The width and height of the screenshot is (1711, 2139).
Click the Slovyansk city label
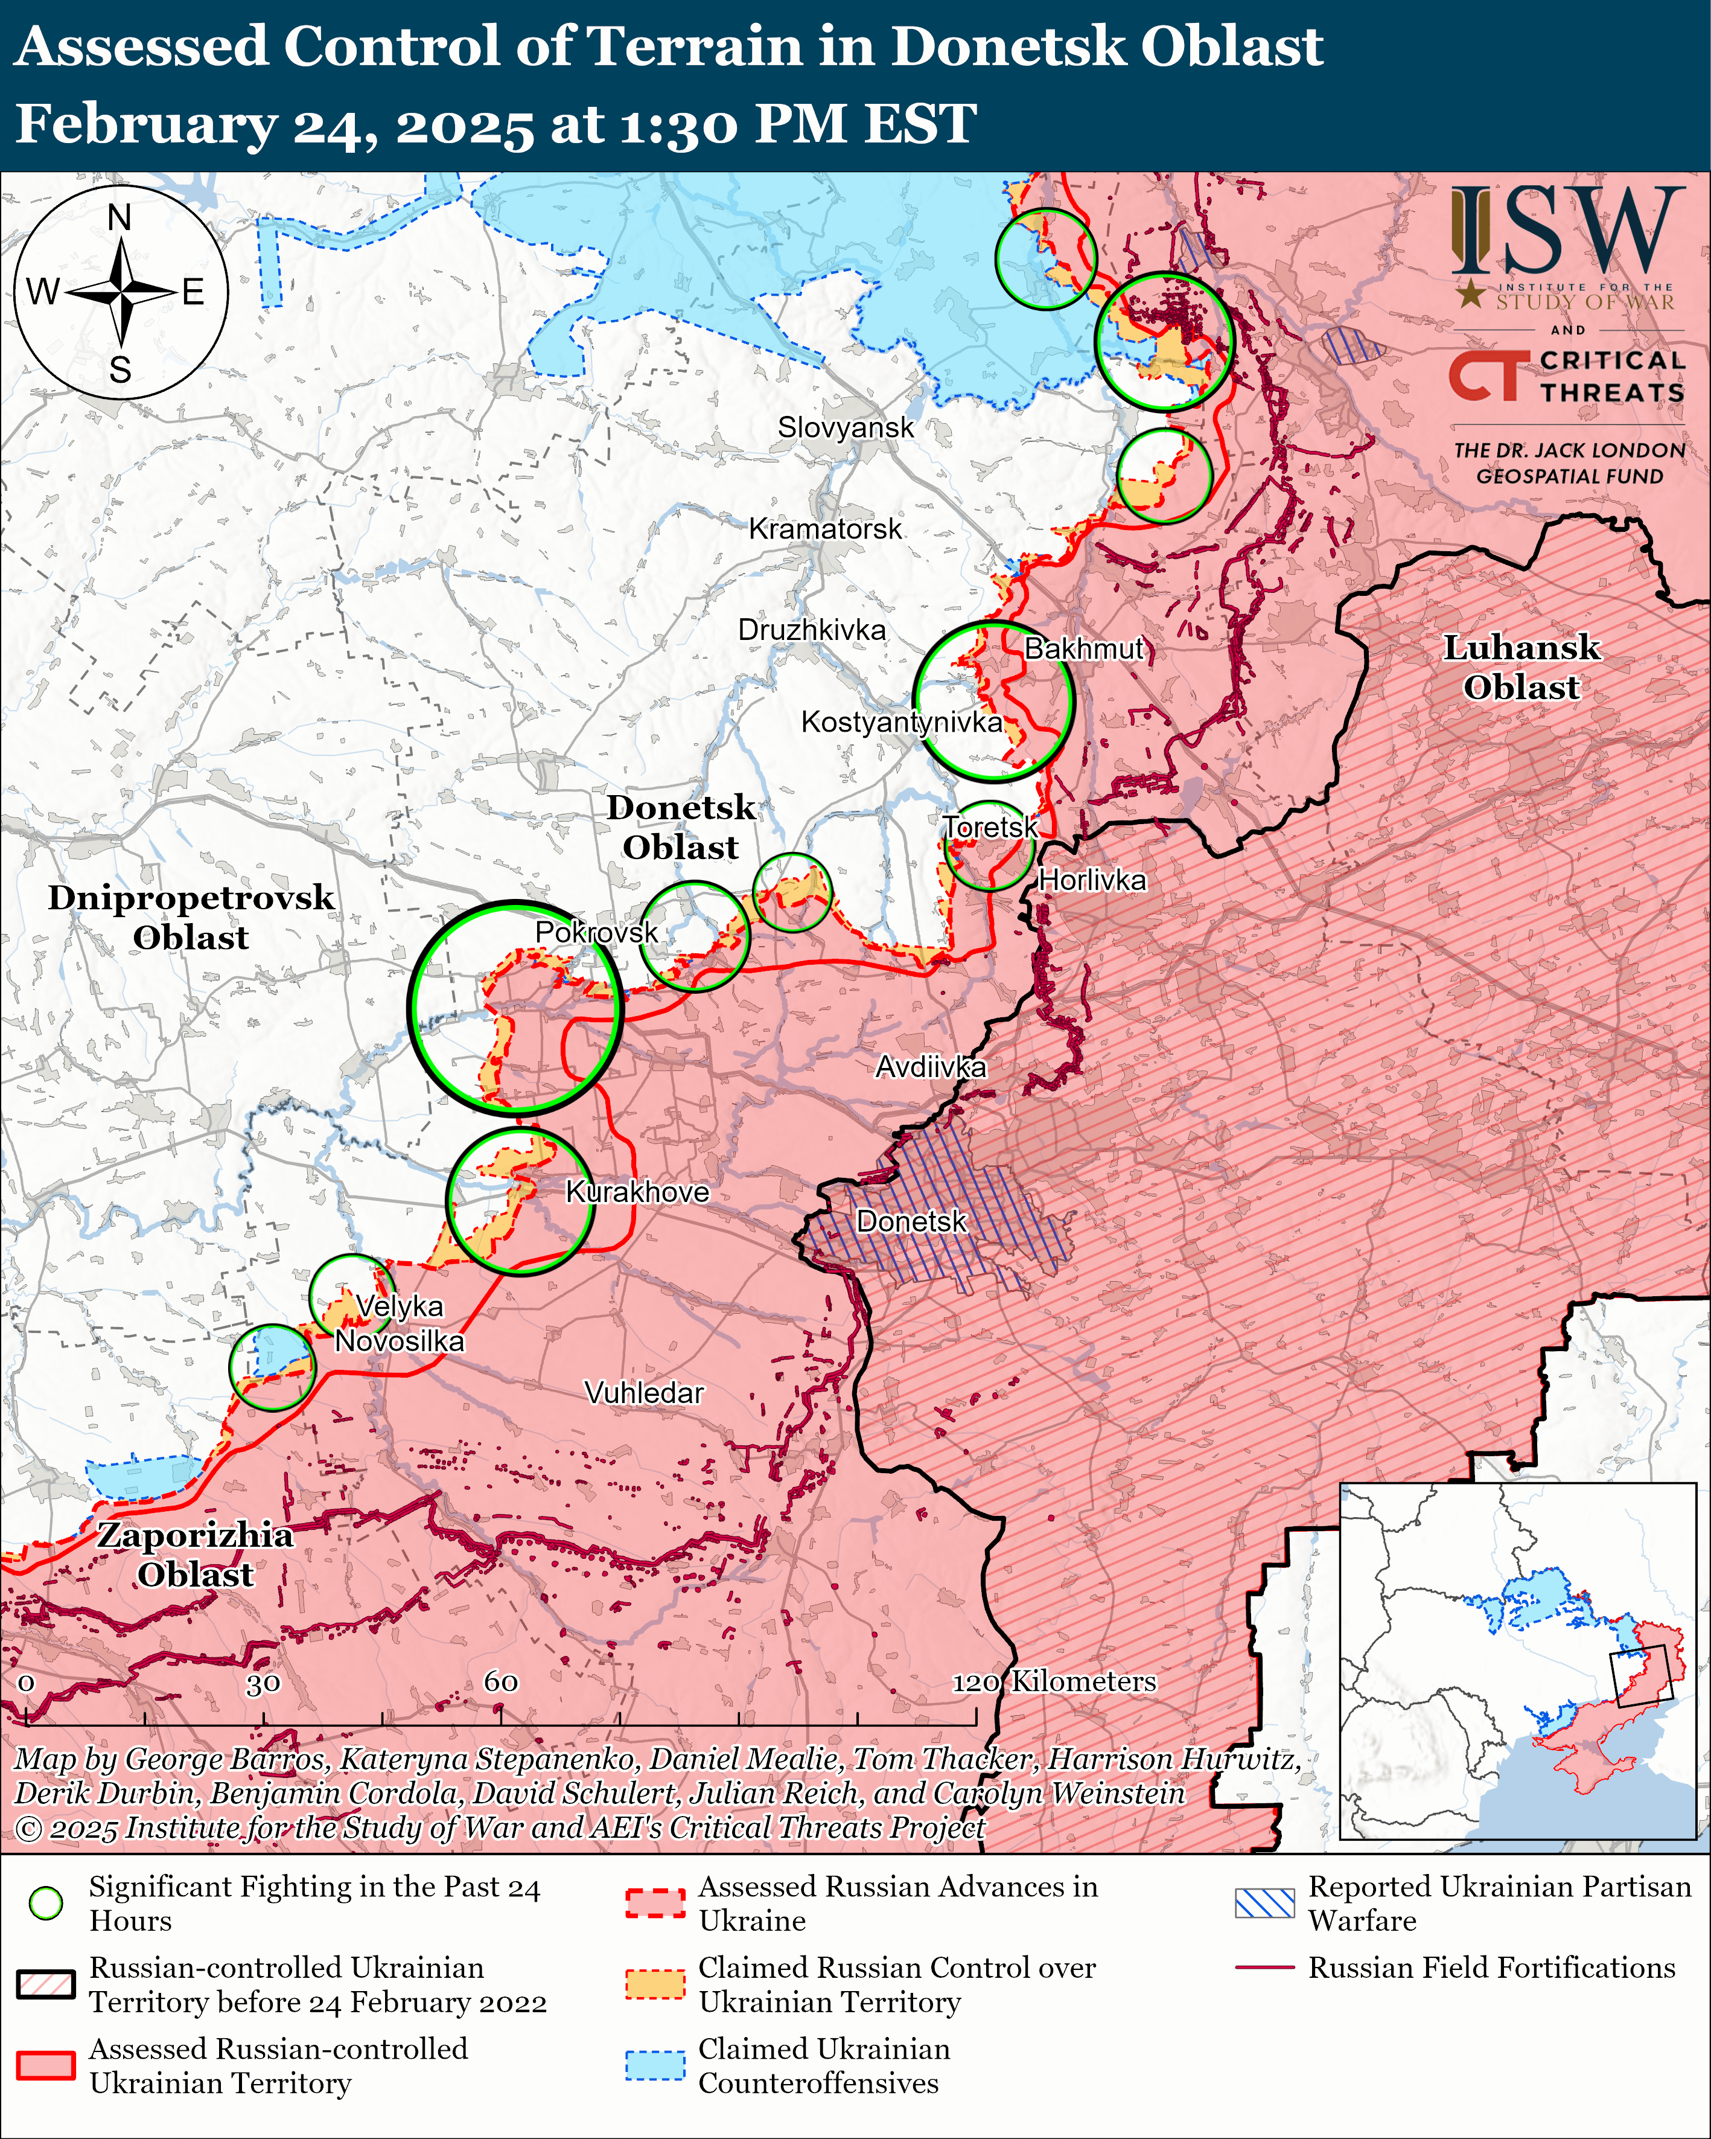pyautogui.click(x=845, y=427)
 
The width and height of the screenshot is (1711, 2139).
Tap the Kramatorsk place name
pyautogui.click(x=824, y=529)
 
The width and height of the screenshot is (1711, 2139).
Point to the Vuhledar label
pyautogui.click(x=644, y=1393)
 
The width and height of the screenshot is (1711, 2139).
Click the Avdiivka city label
pyautogui.click(x=931, y=1067)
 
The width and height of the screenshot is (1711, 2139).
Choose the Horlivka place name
pyautogui.click(x=1092, y=880)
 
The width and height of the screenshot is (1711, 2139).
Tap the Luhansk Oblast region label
pyautogui.click(x=1520, y=668)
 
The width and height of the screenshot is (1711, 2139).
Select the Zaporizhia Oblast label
pyautogui.click(x=196, y=1555)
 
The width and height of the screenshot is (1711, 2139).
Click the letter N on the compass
pyautogui.click(x=119, y=217)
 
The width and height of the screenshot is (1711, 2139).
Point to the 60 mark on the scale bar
pyautogui.click(x=501, y=1681)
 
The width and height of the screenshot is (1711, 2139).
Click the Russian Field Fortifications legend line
pyautogui.click(x=1264, y=1968)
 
